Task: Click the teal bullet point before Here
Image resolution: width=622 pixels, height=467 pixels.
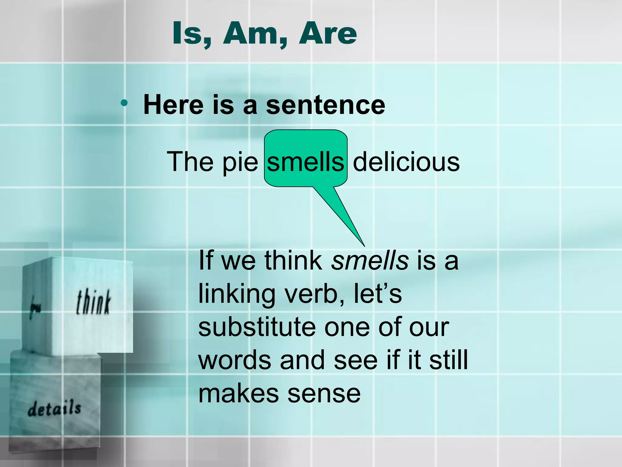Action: [124, 103]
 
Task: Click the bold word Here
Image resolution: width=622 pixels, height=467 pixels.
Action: [173, 105]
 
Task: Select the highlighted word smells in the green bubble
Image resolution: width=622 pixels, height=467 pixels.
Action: [306, 162]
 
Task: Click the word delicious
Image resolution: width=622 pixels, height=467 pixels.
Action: [406, 162]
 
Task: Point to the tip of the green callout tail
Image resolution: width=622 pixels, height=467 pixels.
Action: [364, 245]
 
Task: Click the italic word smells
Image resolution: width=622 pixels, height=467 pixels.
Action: [370, 261]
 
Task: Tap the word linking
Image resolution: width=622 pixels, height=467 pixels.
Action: [237, 294]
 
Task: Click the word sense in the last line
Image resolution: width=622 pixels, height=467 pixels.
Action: [324, 394]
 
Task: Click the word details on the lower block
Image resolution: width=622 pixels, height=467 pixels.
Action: [54, 408]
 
